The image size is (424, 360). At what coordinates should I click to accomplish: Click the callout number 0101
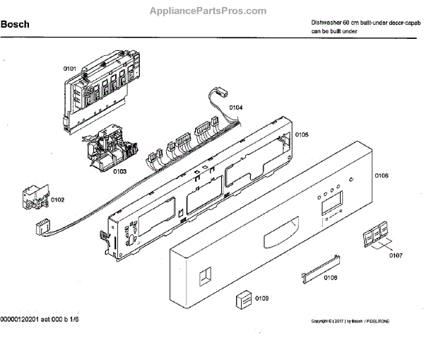pyautogui.click(x=70, y=69)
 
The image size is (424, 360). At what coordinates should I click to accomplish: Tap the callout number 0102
pyautogui.click(x=58, y=200)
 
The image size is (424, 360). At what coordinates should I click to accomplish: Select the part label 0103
pyautogui.click(x=119, y=171)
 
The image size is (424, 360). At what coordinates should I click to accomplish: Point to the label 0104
pyautogui.click(x=235, y=108)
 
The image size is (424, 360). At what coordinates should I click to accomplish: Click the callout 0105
pyautogui.click(x=302, y=134)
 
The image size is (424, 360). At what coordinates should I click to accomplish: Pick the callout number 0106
pyautogui.click(x=382, y=175)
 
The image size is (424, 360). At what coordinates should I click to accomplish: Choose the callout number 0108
pyautogui.click(x=330, y=278)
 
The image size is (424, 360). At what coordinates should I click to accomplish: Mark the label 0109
pyautogui.click(x=262, y=298)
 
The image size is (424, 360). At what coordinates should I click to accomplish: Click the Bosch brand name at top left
pyautogui.click(x=16, y=25)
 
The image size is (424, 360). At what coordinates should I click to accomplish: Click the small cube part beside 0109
pyautogui.click(x=243, y=299)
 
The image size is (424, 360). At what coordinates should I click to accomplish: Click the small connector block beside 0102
pyautogui.click(x=35, y=197)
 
